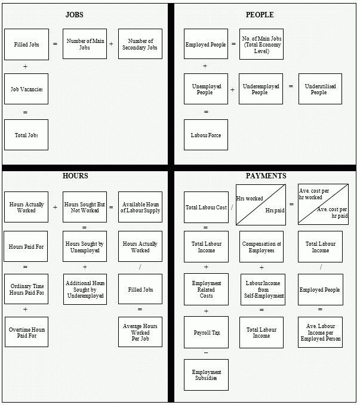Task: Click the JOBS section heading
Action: click(x=75, y=14)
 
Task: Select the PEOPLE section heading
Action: click(x=259, y=14)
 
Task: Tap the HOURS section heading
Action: click(x=75, y=175)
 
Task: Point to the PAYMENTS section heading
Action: click(x=266, y=175)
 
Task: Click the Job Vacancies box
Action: click(x=26, y=89)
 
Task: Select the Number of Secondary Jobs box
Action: click(x=140, y=44)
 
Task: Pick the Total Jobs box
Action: click(x=26, y=135)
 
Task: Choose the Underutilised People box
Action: click(x=320, y=89)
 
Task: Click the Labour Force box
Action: click(x=206, y=135)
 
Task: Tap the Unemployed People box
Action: click(x=206, y=89)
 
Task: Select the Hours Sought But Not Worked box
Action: click(x=84, y=207)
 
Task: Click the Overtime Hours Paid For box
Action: click(x=26, y=332)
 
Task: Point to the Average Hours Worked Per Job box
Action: click(x=140, y=332)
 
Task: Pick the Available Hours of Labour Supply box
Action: click(x=140, y=207)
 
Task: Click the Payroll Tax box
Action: click(x=206, y=332)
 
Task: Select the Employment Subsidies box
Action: click(x=206, y=375)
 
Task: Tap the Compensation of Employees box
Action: click(x=261, y=246)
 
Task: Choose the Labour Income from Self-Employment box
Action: click(x=263, y=289)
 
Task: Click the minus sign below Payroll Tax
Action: click(x=206, y=353)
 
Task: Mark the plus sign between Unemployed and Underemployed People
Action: click(x=232, y=89)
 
